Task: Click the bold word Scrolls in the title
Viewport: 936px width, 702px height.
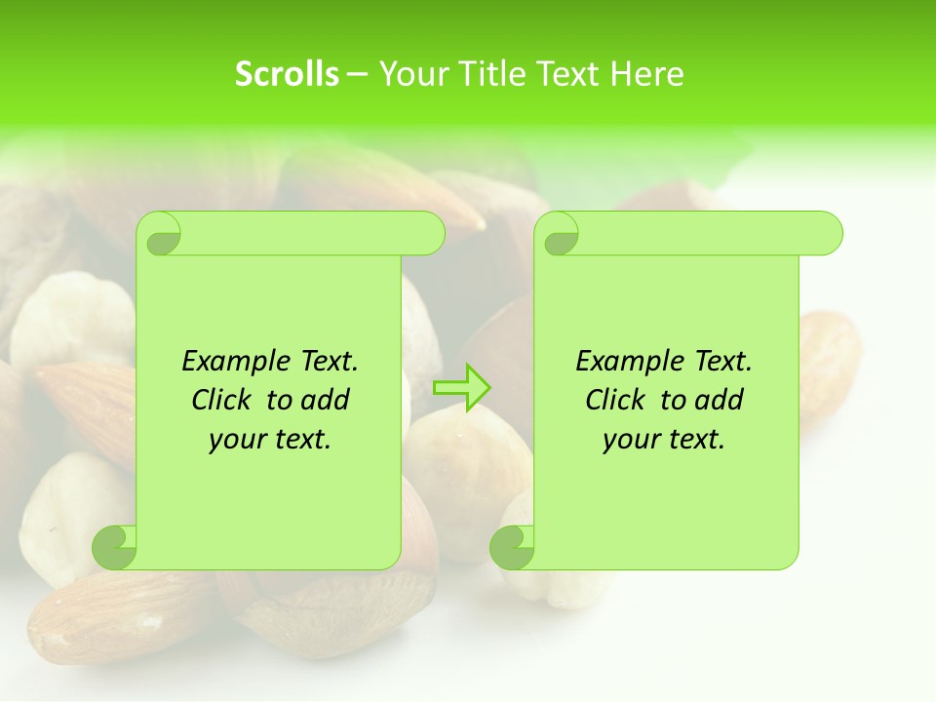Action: (287, 74)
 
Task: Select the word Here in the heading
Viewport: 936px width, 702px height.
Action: (646, 74)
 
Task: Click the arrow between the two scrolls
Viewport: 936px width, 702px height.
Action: (461, 388)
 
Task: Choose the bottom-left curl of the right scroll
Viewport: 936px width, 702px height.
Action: (512, 546)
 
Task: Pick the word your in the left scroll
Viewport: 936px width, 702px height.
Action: (236, 440)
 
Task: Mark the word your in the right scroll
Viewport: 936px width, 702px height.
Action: (630, 440)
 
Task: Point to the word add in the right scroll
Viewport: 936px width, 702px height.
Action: (720, 400)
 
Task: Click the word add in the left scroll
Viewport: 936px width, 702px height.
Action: (326, 400)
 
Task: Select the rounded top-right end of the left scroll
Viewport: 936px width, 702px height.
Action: (429, 234)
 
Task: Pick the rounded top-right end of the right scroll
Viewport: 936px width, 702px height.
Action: (827, 234)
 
